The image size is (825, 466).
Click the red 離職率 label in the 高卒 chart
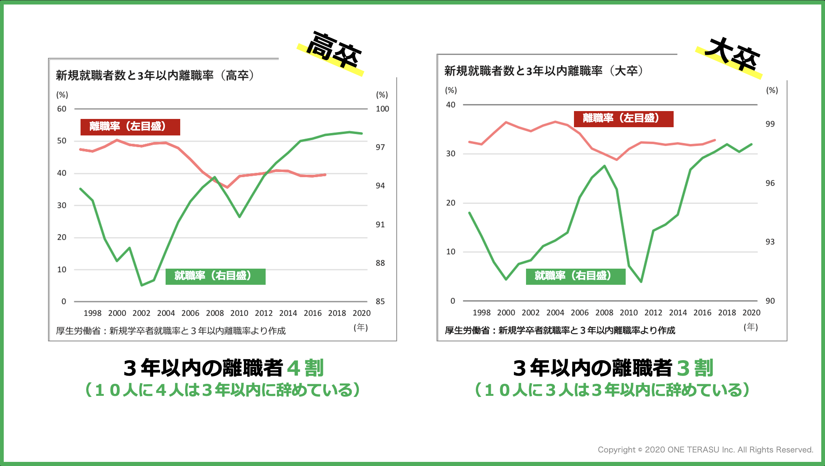tap(130, 127)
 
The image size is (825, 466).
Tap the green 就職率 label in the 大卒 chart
tap(575, 276)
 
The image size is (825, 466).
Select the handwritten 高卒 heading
tap(333, 51)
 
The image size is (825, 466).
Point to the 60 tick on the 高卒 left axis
tap(61, 109)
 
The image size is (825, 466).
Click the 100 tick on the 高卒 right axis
tap(382, 109)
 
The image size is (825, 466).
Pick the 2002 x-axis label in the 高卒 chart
tap(141, 313)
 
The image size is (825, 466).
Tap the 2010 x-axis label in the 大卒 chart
tap(629, 313)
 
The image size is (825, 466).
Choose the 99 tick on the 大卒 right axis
tap(770, 124)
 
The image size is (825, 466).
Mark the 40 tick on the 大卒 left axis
tap(451, 105)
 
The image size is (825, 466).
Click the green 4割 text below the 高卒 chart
tap(305, 368)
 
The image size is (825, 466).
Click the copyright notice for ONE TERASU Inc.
tap(705, 449)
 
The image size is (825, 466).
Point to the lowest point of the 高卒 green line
tap(142, 285)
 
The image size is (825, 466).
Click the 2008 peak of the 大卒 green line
tap(604, 166)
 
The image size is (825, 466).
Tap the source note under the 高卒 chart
tap(171, 331)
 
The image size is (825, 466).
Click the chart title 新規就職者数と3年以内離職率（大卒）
tap(544, 71)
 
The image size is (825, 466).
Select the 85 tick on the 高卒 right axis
tap(380, 301)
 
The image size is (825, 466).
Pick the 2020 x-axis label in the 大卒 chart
tap(751, 313)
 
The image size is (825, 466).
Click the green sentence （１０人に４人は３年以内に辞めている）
tap(223, 390)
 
